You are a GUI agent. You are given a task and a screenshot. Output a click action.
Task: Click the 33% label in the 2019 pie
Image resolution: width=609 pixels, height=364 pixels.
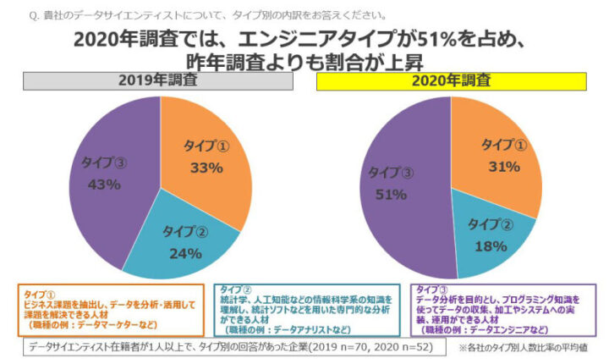tap(206, 168)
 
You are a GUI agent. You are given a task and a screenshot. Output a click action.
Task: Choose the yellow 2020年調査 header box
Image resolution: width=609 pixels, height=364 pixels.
tap(452, 81)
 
